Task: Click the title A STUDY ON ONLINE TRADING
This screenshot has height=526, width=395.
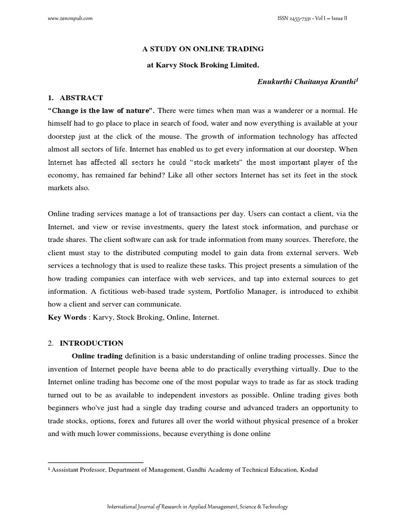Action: [203, 49]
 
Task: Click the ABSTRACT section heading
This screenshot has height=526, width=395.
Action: [81, 98]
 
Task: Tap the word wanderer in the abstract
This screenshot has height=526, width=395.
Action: [287, 110]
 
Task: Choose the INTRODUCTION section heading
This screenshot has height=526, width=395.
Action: [92, 343]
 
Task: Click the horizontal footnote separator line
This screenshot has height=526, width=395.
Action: [95, 462]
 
